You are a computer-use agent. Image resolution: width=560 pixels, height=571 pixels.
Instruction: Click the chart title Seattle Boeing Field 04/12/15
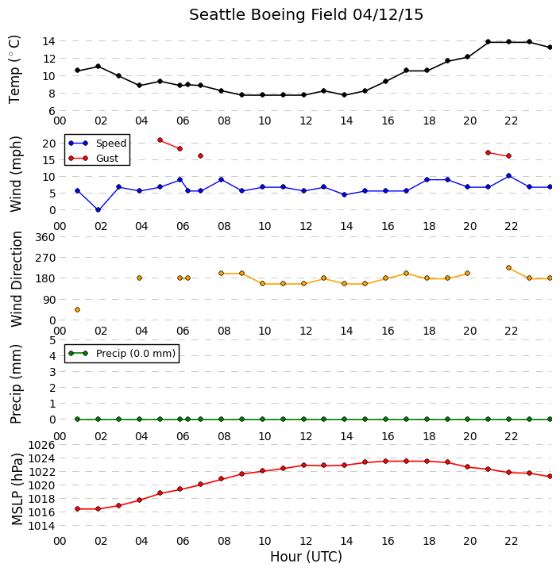[306, 15]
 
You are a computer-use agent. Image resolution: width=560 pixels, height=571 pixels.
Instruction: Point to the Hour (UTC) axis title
[306, 557]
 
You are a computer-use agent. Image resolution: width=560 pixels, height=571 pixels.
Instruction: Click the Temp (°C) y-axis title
[14, 70]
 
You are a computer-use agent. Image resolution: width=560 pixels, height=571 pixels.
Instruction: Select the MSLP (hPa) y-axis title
[17, 489]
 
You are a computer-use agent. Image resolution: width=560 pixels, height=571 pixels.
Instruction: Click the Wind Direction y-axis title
[17, 279]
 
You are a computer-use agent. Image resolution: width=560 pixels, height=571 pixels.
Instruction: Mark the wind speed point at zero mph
[98, 209]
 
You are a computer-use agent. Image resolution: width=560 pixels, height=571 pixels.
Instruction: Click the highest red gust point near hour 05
[160, 140]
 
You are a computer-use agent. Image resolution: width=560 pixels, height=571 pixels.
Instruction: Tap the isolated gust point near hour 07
[200, 156]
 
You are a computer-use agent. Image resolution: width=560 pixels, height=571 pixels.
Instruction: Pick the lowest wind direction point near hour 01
[77, 309]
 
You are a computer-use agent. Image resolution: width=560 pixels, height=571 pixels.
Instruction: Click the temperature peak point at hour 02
[98, 67]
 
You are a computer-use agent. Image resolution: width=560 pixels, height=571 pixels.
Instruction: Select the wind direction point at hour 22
[508, 268]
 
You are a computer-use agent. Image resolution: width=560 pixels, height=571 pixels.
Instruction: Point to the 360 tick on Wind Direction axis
[45, 237]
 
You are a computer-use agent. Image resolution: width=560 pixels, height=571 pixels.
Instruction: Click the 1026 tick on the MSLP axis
[41, 445]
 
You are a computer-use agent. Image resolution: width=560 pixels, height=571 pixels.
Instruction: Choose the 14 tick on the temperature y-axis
[48, 41]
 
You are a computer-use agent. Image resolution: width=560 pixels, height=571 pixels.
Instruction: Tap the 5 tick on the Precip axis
[52, 340]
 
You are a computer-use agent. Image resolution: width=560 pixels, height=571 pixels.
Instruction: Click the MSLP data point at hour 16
[385, 461]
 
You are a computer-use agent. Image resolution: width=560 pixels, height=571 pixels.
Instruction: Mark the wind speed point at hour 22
[508, 176]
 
